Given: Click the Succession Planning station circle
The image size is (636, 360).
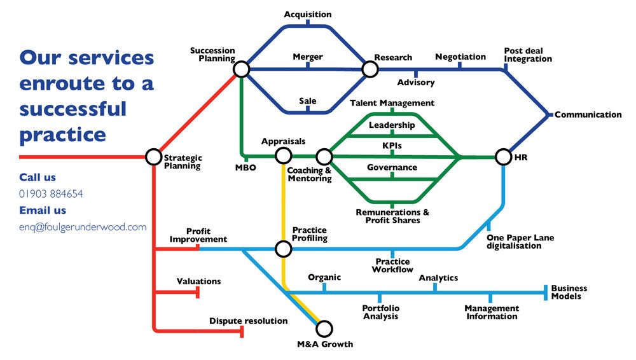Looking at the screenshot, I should click(x=241, y=69).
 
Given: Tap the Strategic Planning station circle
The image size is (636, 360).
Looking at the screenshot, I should click(x=153, y=156).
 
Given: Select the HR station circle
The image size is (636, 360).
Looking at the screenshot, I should click(x=503, y=156).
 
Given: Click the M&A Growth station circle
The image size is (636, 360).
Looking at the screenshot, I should click(x=324, y=329).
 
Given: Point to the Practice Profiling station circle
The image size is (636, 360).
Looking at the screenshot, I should click(x=283, y=249).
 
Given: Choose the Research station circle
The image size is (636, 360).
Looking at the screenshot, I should click(x=370, y=69).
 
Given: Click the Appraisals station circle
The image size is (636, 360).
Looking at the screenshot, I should click(x=283, y=155).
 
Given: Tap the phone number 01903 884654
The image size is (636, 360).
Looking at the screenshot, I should click(x=51, y=194).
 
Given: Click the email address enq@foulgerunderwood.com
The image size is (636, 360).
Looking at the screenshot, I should click(x=83, y=227).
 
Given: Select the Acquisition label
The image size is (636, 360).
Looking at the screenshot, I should click(x=308, y=14).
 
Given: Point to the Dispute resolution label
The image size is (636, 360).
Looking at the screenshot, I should click(x=248, y=321).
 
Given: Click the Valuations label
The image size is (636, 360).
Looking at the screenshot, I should click(x=198, y=281).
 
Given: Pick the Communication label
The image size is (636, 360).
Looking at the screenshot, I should click(x=588, y=115).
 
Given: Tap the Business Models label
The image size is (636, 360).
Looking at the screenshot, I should click(x=569, y=292).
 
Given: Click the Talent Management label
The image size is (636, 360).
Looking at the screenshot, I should click(x=392, y=102).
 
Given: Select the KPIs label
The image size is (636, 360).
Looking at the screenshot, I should click(x=392, y=146).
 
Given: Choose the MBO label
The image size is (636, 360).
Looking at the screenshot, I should click(x=245, y=168).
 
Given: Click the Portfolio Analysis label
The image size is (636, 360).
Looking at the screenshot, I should click(x=381, y=312).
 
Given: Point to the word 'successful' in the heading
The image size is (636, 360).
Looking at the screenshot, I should click(x=73, y=109).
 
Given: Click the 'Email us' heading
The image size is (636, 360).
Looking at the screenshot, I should click(x=43, y=211).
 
